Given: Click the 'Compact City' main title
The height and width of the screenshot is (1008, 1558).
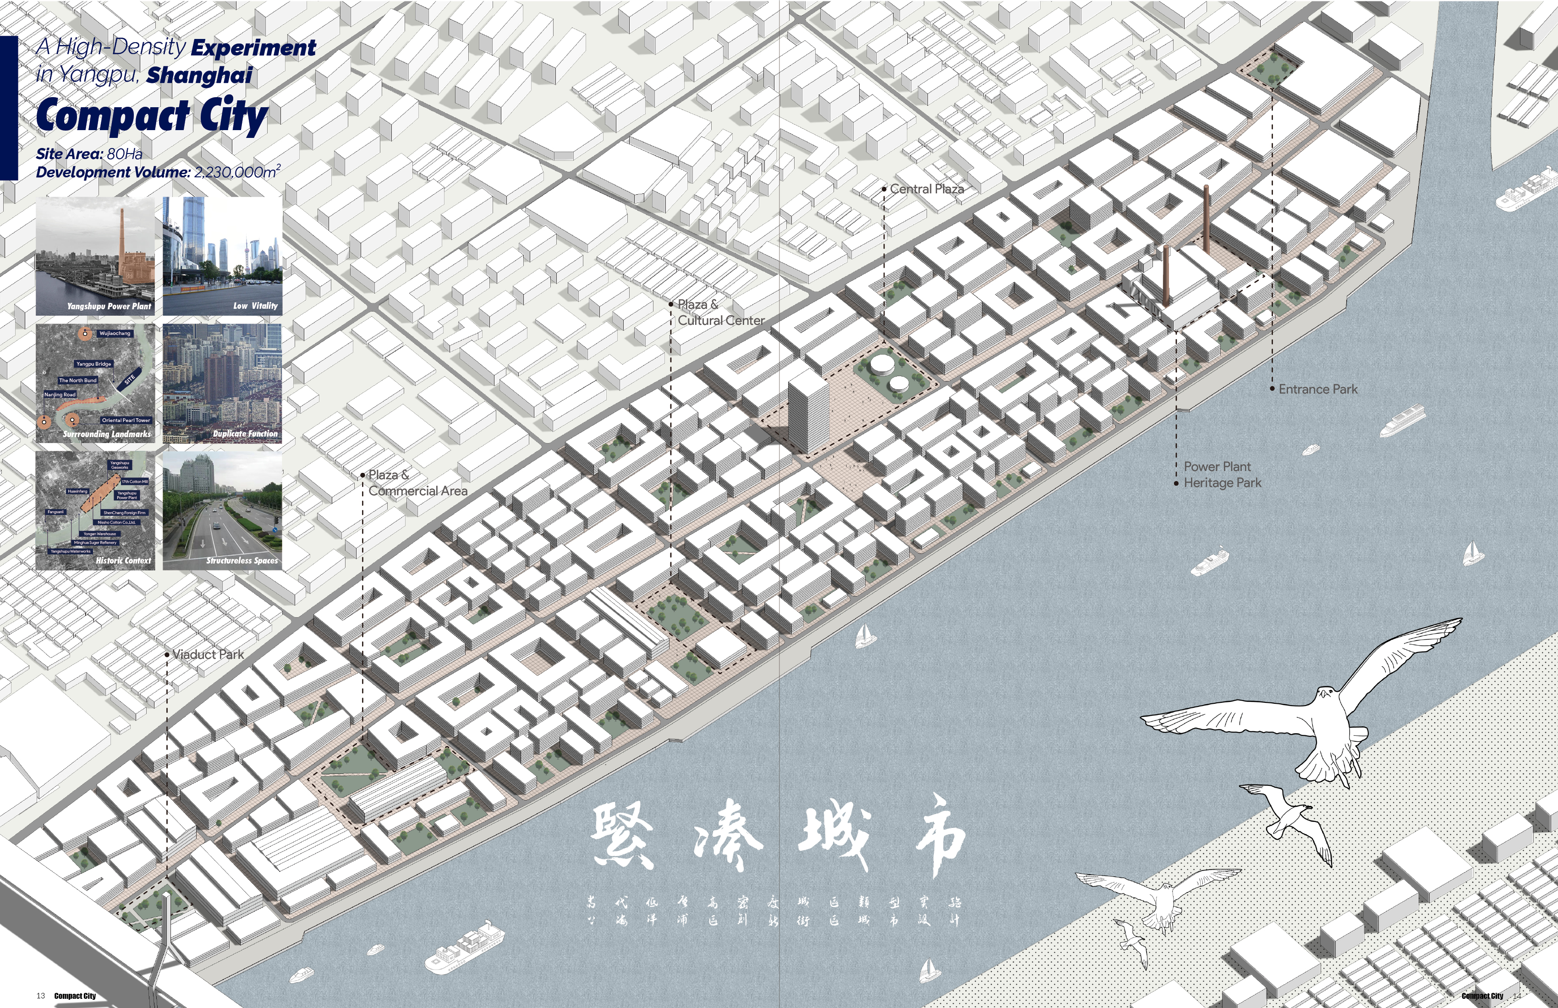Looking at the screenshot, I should coord(152,116).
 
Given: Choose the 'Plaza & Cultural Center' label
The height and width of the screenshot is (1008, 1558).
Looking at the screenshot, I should coord(720,312).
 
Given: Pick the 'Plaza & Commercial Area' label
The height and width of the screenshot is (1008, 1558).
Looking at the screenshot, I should coord(417,483).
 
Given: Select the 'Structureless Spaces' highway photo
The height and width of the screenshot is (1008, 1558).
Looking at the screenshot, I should coord(223,510).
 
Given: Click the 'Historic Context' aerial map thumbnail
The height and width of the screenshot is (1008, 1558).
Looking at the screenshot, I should coord(95,510).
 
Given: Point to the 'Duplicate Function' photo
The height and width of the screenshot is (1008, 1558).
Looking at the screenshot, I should coord(223,383).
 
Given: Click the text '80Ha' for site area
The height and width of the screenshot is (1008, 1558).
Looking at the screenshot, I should coord(124,154).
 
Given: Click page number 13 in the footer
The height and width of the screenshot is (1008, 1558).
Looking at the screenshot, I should coord(41,996).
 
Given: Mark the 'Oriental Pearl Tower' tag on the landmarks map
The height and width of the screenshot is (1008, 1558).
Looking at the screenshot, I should coord(126,420).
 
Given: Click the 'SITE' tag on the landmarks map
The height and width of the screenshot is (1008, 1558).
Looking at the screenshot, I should coord(130,379).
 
